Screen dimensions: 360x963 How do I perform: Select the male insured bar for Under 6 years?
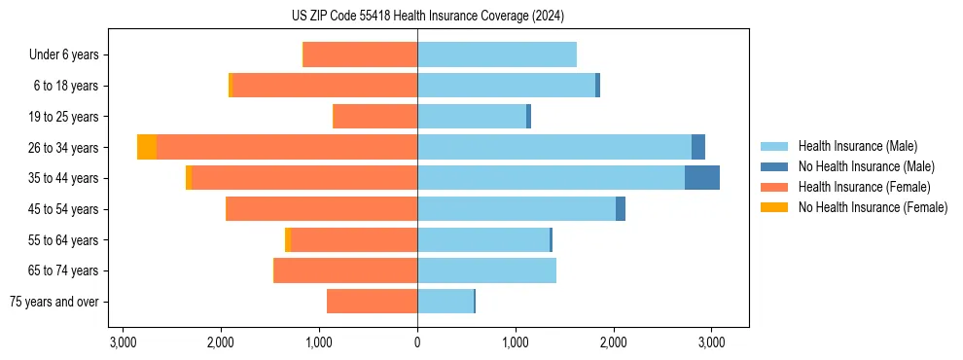497,54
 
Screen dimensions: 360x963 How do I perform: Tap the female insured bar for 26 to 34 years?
287,147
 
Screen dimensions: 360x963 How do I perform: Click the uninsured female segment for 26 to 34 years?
147,147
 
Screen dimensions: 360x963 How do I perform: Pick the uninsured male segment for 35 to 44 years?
702,178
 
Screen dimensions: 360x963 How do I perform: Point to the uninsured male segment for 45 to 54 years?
621,209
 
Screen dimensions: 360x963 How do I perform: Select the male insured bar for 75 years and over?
446,302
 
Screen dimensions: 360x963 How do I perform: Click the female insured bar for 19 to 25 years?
375,117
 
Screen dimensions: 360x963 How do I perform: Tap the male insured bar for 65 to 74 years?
486,270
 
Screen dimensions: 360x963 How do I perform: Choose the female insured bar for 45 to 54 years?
322,209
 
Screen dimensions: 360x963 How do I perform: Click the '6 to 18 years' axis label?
66,86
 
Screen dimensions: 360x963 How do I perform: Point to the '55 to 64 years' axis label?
63,240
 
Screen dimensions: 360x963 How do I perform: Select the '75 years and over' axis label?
54,302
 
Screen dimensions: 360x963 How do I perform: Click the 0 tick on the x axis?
417,342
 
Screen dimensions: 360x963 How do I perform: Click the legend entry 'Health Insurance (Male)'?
857,146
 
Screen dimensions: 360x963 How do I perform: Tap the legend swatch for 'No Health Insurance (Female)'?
774,207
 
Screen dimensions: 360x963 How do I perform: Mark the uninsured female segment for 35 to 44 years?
189,178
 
